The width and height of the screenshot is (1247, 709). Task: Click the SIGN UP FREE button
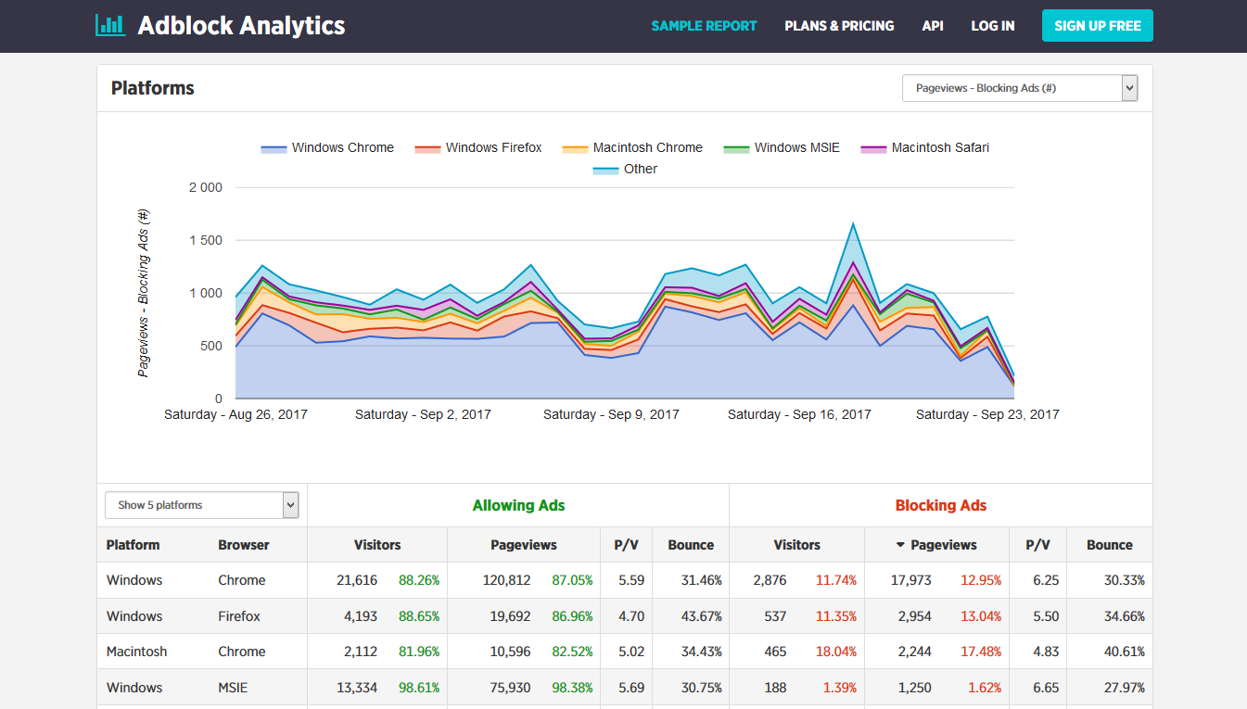click(1097, 26)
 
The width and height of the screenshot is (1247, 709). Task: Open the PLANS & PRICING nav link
click(839, 26)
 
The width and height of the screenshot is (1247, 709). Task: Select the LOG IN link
click(992, 26)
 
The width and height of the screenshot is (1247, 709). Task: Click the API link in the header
click(933, 26)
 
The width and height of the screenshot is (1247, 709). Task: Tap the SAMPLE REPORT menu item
click(704, 26)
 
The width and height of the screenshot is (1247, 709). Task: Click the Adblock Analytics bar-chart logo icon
click(110, 25)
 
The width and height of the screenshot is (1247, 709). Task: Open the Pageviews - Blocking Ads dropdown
click(1019, 88)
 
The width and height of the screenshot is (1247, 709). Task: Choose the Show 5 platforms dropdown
click(201, 505)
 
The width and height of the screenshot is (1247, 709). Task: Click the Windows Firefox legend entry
click(478, 147)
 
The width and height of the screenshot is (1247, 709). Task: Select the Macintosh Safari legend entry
click(925, 147)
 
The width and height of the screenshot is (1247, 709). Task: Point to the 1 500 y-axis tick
click(205, 240)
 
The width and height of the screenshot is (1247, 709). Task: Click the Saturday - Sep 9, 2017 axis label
click(611, 414)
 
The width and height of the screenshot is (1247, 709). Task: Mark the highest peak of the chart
click(852, 223)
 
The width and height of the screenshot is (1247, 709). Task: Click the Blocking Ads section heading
click(940, 505)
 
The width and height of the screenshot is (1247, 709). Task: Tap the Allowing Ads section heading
click(518, 505)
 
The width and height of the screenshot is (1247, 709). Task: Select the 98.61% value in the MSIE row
click(419, 688)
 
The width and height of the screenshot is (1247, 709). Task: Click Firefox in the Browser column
click(239, 616)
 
